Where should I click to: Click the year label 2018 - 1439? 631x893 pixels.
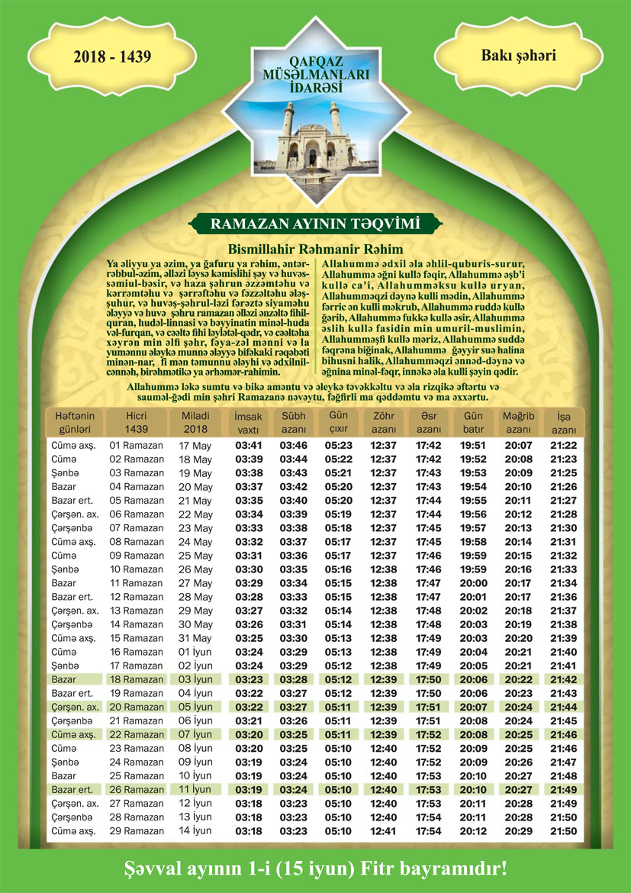112,56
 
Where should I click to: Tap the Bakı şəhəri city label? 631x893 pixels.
518,56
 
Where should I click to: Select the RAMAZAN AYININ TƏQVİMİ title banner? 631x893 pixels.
315,224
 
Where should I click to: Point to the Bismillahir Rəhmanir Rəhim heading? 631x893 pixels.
315,249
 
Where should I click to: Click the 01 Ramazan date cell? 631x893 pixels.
137,445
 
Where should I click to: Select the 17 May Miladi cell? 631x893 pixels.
195,445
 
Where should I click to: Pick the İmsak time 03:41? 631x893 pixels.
249,445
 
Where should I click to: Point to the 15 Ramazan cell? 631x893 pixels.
137,638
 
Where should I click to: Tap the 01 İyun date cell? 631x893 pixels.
195,652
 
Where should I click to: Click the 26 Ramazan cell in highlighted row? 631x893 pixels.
137,789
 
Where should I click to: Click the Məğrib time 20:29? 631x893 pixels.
518,830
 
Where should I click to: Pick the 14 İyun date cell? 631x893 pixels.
195,830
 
